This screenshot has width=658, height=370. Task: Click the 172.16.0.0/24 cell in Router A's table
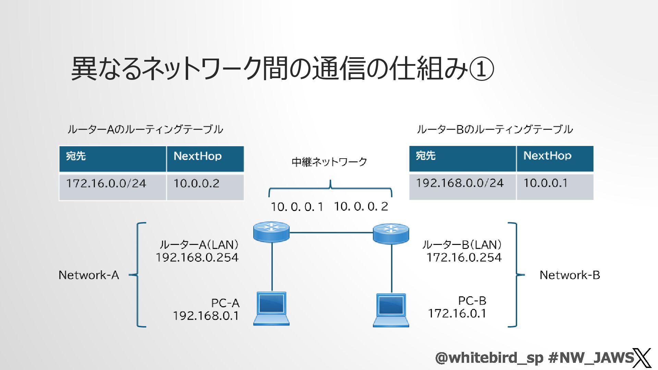coord(106,184)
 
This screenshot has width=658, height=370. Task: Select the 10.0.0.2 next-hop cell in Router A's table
coord(196,184)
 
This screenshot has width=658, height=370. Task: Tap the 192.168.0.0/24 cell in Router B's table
coord(460,183)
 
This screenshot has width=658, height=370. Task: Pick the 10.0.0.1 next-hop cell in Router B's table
coord(545,183)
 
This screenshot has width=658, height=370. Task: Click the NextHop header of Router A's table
coord(198,156)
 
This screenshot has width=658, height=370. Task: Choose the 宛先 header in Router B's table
coord(426,156)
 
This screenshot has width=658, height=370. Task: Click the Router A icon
coord(271,232)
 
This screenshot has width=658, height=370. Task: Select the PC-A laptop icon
coord(271,308)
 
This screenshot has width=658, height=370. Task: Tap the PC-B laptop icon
coord(391,310)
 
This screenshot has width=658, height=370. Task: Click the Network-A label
coord(89,275)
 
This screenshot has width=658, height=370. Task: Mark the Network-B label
coord(570,275)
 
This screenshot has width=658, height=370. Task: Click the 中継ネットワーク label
coord(329,162)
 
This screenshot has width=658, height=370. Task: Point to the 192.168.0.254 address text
coord(197,258)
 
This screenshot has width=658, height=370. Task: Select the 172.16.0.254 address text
coord(464,258)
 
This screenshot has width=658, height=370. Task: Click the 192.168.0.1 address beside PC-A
coord(206,316)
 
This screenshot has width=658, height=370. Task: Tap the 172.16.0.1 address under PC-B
coord(457,313)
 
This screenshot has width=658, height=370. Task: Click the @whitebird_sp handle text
coord(489,358)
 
